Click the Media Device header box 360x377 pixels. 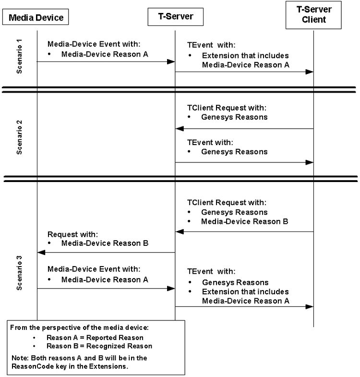tap(36, 18)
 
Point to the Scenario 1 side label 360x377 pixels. tap(20, 56)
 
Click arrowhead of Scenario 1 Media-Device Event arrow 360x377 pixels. tap(170, 62)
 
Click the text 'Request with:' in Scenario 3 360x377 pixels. tap(72, 235)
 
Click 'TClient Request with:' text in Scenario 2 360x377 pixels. tap(227, 108)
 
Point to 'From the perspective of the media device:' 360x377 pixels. tap(80, 328)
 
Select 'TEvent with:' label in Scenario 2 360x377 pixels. tap(210, 143)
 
